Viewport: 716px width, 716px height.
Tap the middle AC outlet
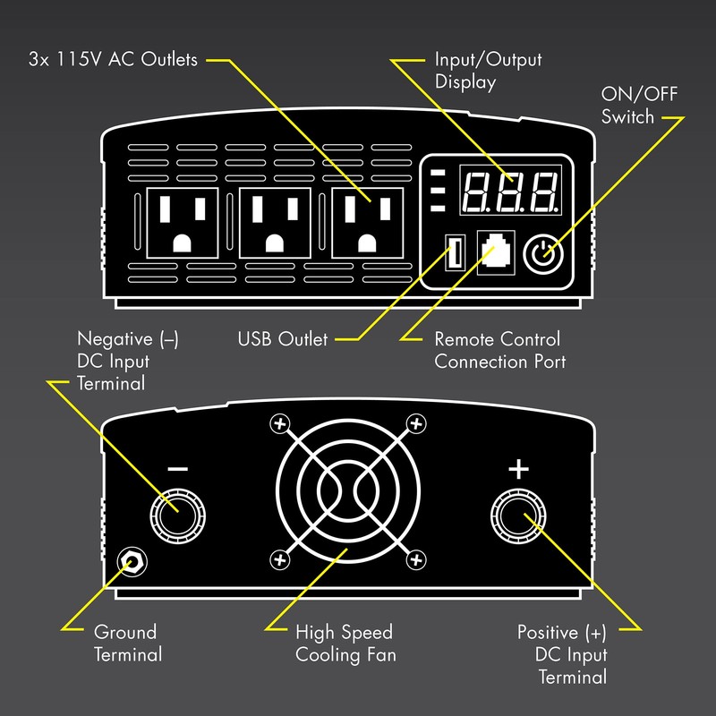coord(274,223)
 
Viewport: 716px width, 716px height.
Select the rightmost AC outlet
coord(365,223)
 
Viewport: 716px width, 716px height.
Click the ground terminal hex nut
coord(135,560)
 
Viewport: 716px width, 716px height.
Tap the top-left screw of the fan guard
coord(280,423)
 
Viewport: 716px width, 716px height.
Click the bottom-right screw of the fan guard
coord(414,559)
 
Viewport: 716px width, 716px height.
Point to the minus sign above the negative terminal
coord(177,469)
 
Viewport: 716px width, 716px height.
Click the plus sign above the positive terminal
coord(518,468)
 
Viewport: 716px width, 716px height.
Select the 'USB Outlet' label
coord(283,340)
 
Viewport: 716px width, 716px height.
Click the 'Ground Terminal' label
coord(128,644)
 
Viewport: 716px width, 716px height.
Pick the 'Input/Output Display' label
coord(488,72)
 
